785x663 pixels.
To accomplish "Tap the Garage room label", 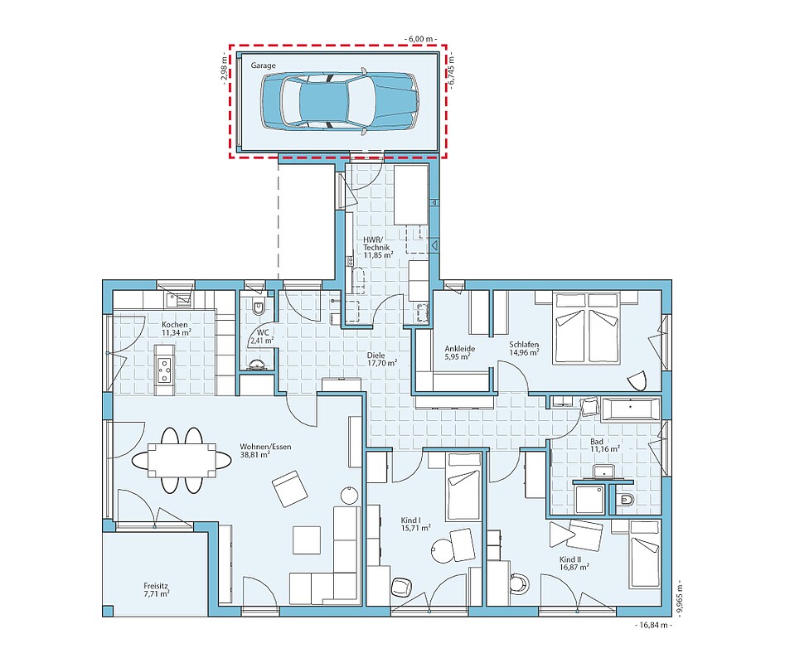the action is click(x=264, y=65).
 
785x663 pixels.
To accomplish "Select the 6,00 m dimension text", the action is click(x=420, y=38).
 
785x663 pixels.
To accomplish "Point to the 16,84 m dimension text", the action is click(x=654, y=625).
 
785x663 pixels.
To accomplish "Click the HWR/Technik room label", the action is click(x=376, y=247).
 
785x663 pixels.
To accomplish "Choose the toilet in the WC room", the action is click(x=259, y=307).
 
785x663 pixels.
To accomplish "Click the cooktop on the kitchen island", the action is click(x=163, y=370).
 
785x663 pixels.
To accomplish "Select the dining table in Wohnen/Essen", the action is click(x=182, y=460).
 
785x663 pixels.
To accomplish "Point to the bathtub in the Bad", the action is click(x=630, y=409).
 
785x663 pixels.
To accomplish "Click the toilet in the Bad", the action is click(x=625, y=500).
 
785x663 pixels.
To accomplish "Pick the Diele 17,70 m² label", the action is click(x=382, y=360).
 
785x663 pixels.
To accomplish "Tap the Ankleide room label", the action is click(x=459, y=352).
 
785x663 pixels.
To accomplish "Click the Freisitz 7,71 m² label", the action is click(x=156, y=589).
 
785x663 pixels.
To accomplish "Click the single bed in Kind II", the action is click(x=645, y=554).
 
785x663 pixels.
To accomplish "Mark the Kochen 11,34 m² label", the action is click(x=175, y=328).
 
